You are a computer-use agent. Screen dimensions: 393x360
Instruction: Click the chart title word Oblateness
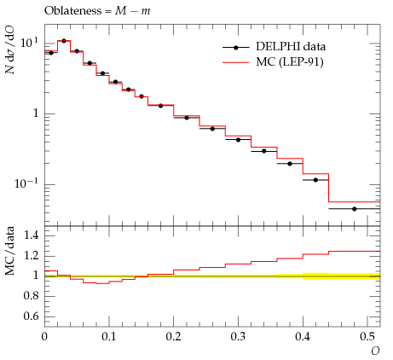pos(72,11)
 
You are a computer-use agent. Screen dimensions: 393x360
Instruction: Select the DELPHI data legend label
pos(291,46)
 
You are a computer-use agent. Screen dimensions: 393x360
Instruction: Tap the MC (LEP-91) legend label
pos(290,61)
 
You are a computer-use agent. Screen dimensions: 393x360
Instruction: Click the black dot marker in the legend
pos(235,48)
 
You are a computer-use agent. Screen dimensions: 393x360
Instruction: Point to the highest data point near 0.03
pos(64,41)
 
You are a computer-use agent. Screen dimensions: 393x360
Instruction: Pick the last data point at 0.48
pos(354,209)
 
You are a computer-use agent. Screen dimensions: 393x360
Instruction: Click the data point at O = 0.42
pos(315,180)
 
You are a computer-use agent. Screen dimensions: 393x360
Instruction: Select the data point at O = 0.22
pos(187,118)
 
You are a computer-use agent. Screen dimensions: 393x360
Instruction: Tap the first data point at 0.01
pos(51,53)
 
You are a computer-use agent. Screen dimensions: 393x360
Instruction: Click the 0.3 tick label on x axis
pos(238,337)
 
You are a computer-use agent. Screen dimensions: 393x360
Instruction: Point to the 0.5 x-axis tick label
pos(367,337)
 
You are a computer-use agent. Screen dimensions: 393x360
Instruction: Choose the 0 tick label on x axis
pos(44,337)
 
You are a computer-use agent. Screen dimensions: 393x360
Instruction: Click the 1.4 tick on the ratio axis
pos(32,235)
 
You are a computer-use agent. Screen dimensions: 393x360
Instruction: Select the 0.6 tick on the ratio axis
pos(32,316)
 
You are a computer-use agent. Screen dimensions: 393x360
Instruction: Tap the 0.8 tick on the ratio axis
pos(32,296)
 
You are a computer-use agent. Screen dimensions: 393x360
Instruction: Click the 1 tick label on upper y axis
pos(36,113)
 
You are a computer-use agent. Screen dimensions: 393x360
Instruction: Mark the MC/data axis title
pos(10,251)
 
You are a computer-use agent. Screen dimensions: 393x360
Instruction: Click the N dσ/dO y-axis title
pos(11,50)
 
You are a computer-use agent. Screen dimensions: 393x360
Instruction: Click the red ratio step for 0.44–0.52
pos(354,252)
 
